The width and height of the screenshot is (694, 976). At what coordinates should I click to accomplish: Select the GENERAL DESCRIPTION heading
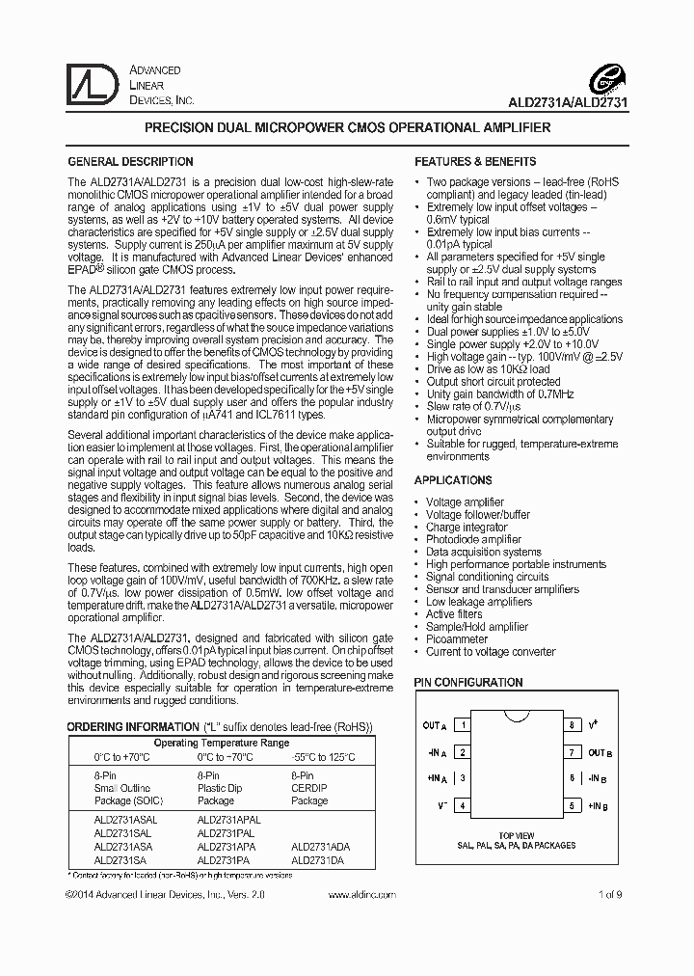(x=130, y=162)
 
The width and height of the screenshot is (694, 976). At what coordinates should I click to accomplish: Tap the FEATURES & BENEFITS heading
(x=475, y=162)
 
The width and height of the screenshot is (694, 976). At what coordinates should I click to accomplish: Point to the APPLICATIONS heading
(x=453, y=480)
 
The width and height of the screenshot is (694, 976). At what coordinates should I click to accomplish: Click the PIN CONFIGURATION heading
(x=468, y=682)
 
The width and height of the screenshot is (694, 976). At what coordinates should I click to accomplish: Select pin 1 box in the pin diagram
(x=463, y=725)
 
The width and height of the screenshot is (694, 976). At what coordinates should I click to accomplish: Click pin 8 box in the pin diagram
(x=572, y=725)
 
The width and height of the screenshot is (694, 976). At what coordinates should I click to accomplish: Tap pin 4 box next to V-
(x=463, y=805)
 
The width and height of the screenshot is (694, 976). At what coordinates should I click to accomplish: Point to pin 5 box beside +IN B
(x=572, y=805)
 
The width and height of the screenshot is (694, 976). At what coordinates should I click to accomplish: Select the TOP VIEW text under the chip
(x=517, y=835)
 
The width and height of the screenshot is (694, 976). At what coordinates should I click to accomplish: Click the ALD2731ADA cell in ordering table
(x=321, y=845)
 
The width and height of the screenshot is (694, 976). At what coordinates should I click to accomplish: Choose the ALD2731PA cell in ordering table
(x=224, y=858)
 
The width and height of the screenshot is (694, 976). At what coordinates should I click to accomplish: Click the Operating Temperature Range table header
(x=221, y=744)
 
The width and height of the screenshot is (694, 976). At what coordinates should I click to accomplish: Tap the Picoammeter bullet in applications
(x=458, y=638)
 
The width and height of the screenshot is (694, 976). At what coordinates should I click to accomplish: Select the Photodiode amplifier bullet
(x=473, y=540)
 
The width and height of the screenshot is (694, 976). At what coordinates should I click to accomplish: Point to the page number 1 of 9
(x=610, y=895)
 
